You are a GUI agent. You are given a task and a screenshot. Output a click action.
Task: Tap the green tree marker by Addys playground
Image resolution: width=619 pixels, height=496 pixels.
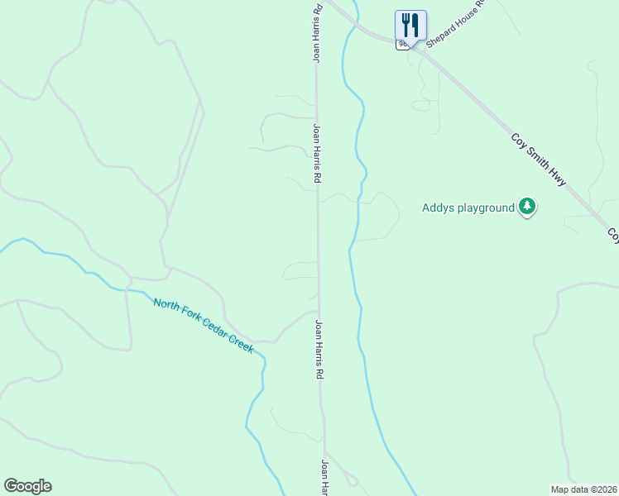pyautogui.click(x=527, y=207)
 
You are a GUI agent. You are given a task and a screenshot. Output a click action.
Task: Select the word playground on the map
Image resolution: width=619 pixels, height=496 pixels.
pyautogui.click(x=486, y=208)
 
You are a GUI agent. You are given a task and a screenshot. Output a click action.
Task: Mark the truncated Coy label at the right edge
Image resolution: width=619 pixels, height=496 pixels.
pyautogui.click(x=613, y=236)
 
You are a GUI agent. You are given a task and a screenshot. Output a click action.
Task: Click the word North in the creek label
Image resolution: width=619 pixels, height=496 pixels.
pyautogui.click(x=165, y=305)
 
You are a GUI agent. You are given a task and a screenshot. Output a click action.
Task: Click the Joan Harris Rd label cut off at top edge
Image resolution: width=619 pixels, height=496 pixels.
pyautogui.click(x=316, y=33)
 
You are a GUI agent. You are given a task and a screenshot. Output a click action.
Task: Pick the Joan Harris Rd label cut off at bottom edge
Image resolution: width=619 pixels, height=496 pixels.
pyautogui.click(x=325, y=478)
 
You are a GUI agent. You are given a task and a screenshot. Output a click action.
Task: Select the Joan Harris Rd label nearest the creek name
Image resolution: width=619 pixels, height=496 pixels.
pyautogui.click(x=319, y=350)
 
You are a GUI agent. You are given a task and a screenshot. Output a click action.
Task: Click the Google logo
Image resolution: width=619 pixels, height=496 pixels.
pyautogui.click(x=27, y=486)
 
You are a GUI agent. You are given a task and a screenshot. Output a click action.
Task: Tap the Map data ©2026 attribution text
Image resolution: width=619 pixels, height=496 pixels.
pyautogui.click(x=583, y=489)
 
